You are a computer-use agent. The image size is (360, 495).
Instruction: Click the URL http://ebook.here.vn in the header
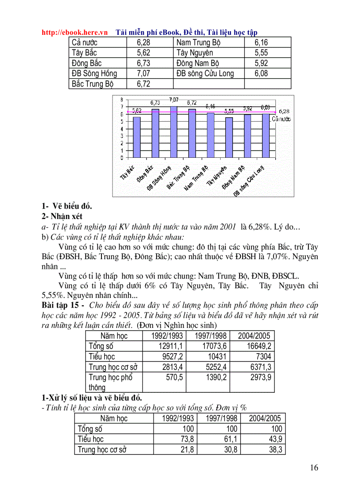tap(75, 32)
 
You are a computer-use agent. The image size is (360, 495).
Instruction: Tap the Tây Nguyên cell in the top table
tap(195, 53)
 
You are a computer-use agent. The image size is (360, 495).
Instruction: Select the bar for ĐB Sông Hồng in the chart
tap(173, 131)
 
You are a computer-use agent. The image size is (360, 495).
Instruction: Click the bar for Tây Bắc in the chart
tap(137, 137)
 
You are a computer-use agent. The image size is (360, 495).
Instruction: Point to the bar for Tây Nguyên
tap(229, 137)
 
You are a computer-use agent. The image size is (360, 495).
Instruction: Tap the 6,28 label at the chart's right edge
tap(284, 112)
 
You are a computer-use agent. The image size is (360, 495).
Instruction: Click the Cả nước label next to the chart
tap(281, 119)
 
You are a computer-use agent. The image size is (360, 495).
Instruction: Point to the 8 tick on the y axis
tap(122, 100)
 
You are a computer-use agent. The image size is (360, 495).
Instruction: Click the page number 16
tap(314, 468)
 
